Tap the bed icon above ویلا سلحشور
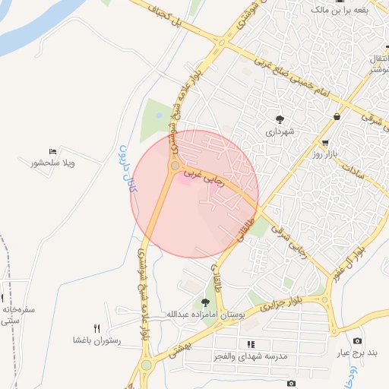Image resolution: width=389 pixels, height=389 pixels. coord(52,152)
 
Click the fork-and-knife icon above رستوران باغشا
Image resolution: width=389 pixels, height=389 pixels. coord(96,328)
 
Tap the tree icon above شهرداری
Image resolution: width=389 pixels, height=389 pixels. coord(280,119)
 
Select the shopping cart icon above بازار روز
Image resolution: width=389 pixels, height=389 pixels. coord(325,143)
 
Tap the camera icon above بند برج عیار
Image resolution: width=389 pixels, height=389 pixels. coord(357,341)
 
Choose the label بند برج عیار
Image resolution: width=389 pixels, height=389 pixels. coord(356,353)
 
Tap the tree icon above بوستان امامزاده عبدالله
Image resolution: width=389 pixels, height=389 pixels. coord(205,302)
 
